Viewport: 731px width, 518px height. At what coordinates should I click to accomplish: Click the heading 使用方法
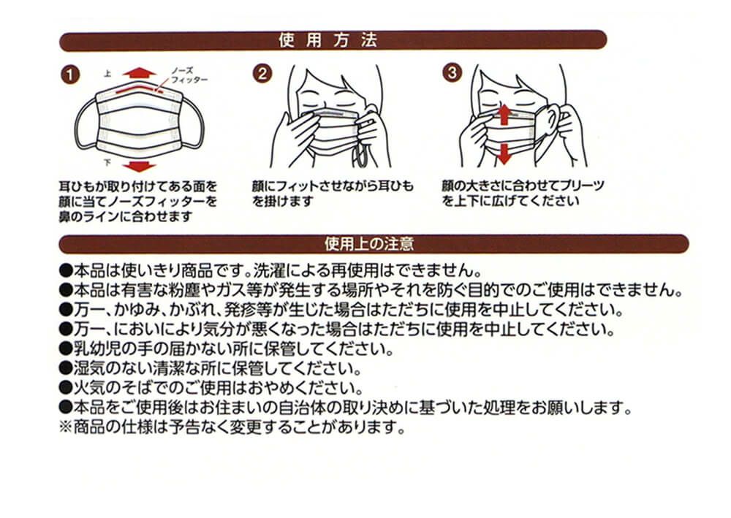click(327, 40)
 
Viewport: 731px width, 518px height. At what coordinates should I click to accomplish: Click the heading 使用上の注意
click(369, 243)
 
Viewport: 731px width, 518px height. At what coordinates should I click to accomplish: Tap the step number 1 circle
click(70, 75)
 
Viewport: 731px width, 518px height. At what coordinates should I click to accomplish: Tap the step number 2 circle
click(262, 74)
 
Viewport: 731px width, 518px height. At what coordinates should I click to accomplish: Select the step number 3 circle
click(452, 73)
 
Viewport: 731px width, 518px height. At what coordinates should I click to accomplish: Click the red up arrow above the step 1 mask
click(140, 72)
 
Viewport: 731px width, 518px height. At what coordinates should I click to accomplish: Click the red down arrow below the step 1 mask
click(140, 167)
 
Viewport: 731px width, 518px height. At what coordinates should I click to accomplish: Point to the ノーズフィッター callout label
click(189, 75)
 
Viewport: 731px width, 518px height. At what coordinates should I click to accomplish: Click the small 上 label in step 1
click(107, 74)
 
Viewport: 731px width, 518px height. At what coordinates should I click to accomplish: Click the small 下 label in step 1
click(107, 163)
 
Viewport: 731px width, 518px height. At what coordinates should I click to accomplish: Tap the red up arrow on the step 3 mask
click(504, 115)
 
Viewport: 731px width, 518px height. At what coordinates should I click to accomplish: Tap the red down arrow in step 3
click(504, 154)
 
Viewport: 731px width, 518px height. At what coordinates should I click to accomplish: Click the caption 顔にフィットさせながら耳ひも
click(333, 186)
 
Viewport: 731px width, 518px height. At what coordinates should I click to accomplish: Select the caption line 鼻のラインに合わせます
click(126, 216)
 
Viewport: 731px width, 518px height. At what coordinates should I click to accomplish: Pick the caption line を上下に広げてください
click(510, 201)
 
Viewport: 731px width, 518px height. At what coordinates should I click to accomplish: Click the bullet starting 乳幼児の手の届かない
click(227, 349)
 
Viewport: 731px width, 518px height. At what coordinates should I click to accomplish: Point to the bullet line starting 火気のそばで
click(211, 388)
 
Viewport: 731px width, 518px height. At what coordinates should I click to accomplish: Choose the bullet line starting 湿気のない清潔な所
click(211, 368)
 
